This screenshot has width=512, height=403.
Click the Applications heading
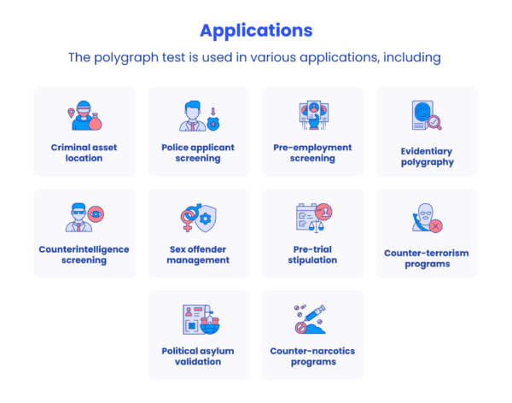pyautogui.click(x=256, y=31)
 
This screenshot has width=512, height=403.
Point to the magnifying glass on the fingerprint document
pyautogui.click(x=434, y=123)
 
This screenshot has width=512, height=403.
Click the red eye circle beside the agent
pyautogui.click(x=96, y=214)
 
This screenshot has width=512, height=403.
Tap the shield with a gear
pyautogui.click(x=206, y=219)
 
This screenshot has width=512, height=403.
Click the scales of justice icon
pyautogui.click(x=316, y=225)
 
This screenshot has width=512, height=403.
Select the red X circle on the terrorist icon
pyautogui.click(x=435, y=226)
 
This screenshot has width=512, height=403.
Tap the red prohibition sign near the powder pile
pyautogui.click(x=300, y=328)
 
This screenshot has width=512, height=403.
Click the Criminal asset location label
pyautogui.click(x=84, y=153)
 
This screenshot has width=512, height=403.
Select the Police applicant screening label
pyautogui.click(x=198, y=153)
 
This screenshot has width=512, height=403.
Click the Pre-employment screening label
pyautogui.click(x=312, y=153)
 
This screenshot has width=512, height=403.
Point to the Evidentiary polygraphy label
pyautogui.click(x=428, y=156)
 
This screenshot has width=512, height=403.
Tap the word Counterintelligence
pyautogui.click(x=84, y=249)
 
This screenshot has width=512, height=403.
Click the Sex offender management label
pyautogui.click(x=198, y=254)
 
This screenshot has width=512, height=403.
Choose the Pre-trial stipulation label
pyautogui.click(x=312, y=254)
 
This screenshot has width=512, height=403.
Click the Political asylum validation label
pyautogui.click(x=198, y=356)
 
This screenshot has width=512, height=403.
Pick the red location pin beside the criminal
pyautogui.click(x=71, y=113)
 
